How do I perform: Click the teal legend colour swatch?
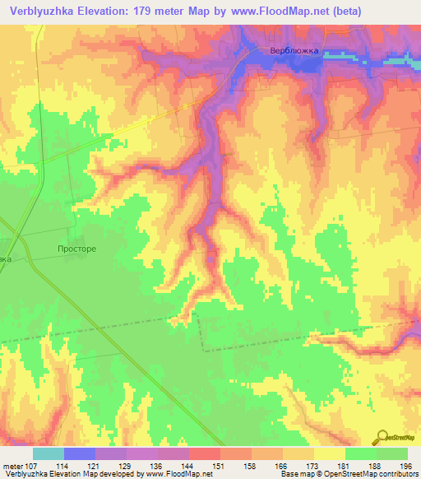tap(48, 453)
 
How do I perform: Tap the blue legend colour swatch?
tap(79, 453)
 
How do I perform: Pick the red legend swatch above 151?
tap(204, 453)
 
